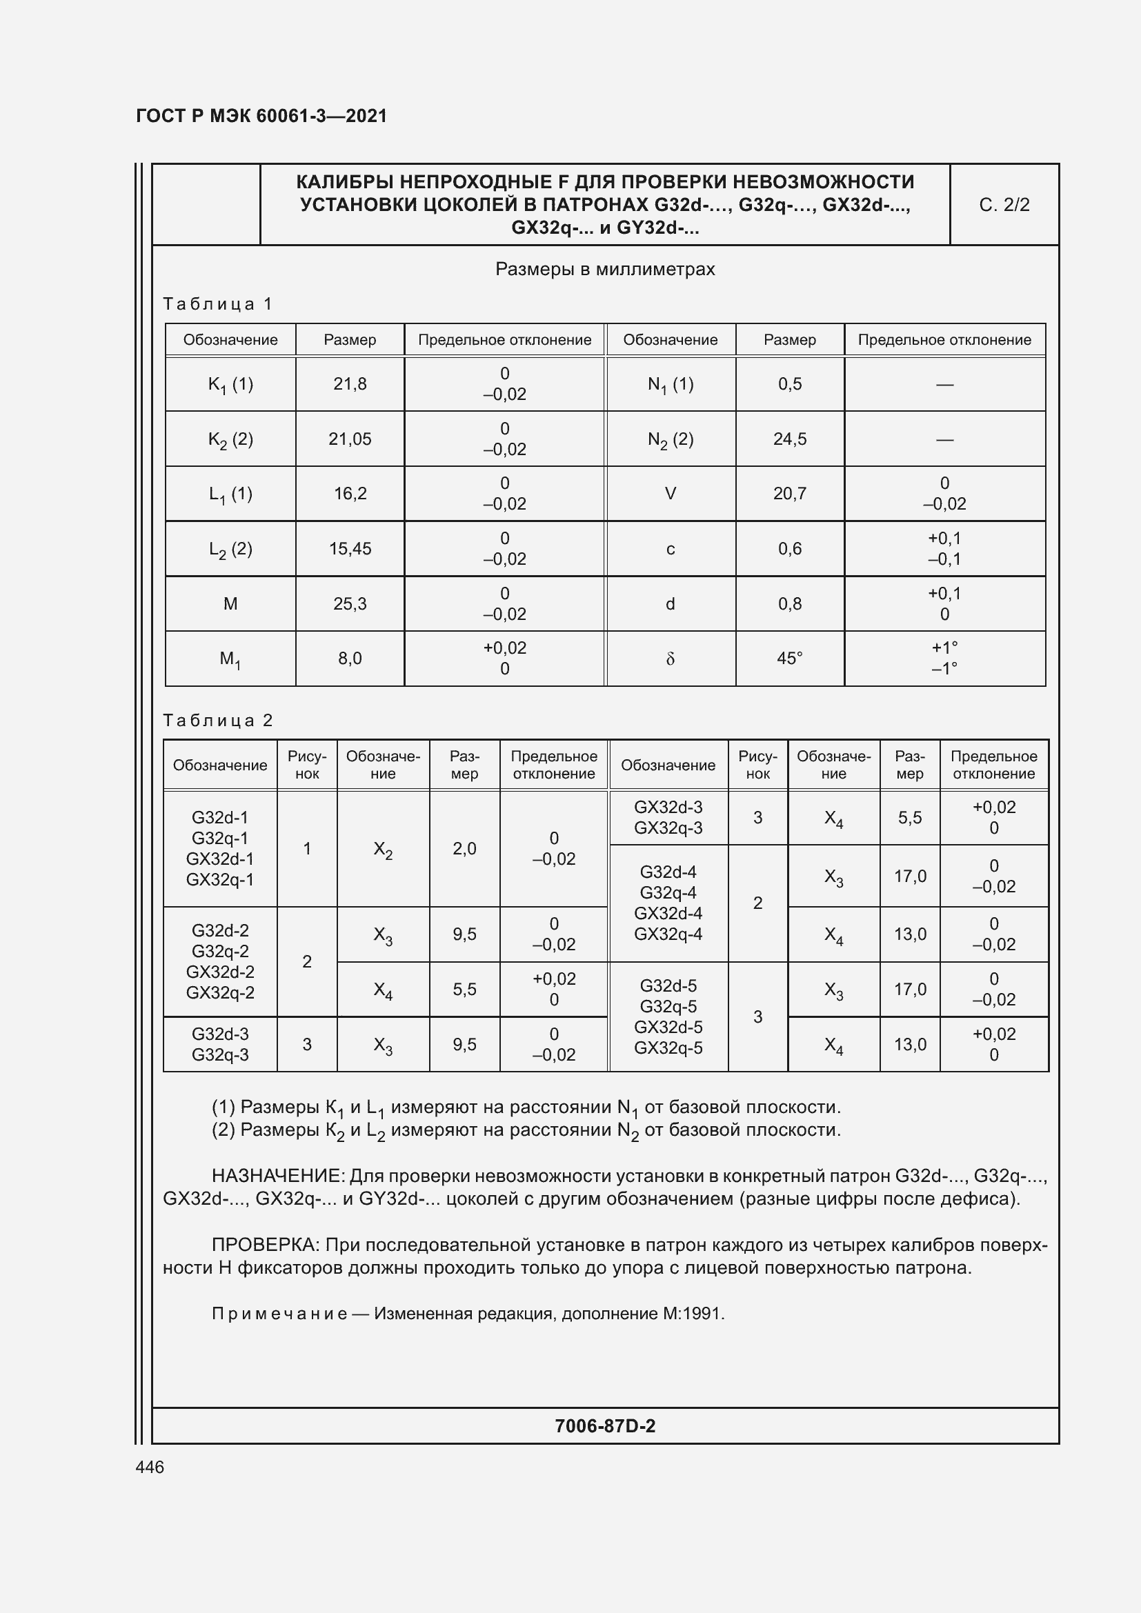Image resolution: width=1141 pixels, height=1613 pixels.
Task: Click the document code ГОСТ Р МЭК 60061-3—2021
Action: click(x=261, y=116)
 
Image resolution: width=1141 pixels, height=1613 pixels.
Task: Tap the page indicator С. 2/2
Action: click(x=1004, y=204)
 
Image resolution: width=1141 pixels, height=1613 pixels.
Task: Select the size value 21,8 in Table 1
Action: click(x=350, y=383)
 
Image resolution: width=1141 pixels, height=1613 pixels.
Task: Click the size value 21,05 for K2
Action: click(x=350, y=439)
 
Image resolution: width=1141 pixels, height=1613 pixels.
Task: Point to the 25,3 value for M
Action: click(x=350, y=603)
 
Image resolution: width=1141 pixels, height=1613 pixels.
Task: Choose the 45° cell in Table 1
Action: click(x=790, y=659)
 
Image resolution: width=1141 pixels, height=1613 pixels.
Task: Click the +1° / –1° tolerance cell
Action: click(x=944, y=658)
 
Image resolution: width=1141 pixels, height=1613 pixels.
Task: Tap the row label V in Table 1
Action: click(x=671, y=493)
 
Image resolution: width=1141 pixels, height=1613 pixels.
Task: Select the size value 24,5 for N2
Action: click(x=790, y=439)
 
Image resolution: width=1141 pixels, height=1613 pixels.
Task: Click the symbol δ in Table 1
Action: click(x=671, y=659)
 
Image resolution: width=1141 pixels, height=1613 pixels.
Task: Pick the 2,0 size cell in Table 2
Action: click(x=464, y=849)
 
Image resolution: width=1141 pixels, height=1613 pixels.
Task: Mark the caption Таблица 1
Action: click(x=218, y=303)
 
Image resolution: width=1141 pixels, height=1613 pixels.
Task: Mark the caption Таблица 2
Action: click(x=218, y=720)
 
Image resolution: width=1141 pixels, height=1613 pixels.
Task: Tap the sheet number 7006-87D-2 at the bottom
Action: click(x=605, y=1425)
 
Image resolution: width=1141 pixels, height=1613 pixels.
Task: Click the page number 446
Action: click(x=150, y=1467)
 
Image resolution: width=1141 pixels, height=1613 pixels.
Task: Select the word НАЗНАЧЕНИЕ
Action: click(x=277, y=1176)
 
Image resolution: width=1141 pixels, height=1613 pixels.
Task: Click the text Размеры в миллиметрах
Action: click(x=605, y=269)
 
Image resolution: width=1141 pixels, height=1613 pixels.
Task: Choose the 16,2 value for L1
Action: click(x=350, y=493)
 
